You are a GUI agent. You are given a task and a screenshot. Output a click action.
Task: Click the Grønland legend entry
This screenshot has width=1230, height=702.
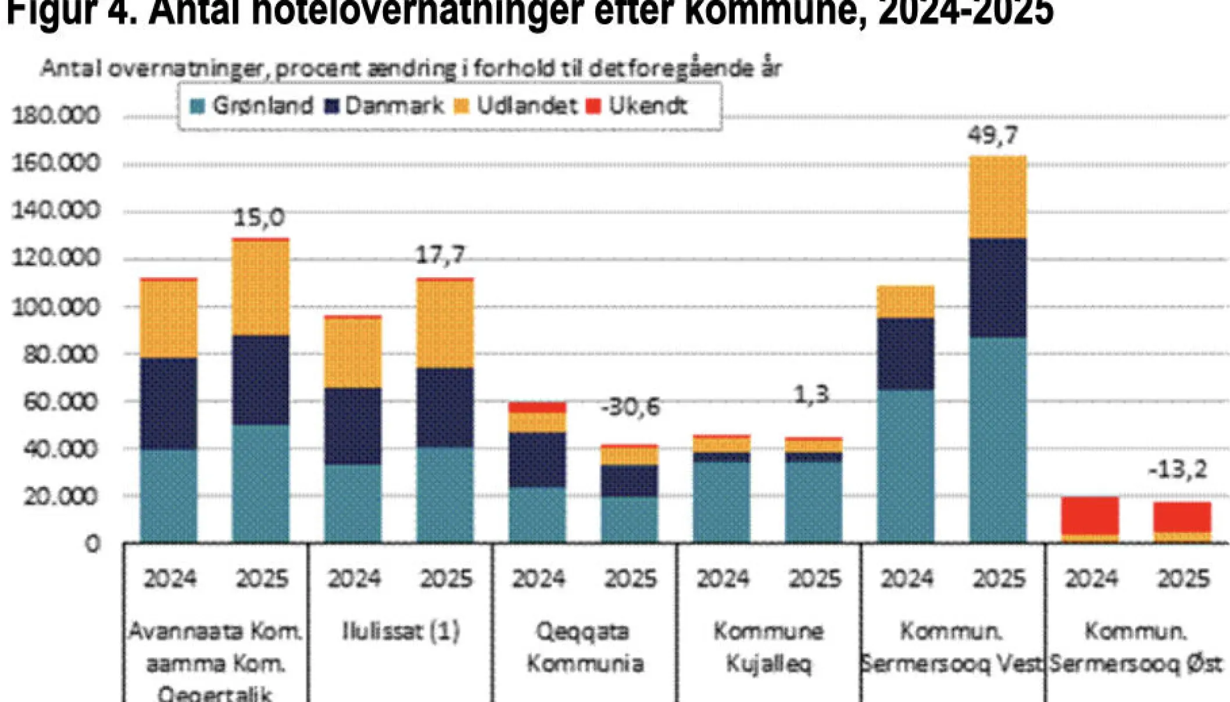(252, 106)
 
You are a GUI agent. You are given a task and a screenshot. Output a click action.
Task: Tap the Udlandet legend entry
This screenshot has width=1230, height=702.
(516, 106)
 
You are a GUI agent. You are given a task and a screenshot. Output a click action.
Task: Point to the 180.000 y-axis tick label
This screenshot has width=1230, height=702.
(56, 116)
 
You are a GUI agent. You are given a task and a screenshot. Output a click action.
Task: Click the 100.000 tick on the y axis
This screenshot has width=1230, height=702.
(56, 307)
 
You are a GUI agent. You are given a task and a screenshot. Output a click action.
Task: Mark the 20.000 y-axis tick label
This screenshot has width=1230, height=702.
(60, 497)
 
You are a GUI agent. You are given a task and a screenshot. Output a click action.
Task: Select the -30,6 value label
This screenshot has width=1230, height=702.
(631, 407)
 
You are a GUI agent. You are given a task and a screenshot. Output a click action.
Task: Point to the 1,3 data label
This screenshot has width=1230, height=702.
(811, 395)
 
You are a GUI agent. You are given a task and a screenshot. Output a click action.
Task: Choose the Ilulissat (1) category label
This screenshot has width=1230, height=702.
(401, 631)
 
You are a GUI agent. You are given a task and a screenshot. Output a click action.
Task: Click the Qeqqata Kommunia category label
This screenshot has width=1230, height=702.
(585, 647)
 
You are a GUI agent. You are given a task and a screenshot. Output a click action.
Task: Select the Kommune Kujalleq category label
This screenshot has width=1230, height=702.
(768, 647)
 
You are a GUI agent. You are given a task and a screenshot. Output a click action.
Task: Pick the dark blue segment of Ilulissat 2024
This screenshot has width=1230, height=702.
(353, 425)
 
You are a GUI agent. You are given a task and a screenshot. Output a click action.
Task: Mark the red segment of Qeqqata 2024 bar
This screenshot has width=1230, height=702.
(537, 407)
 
